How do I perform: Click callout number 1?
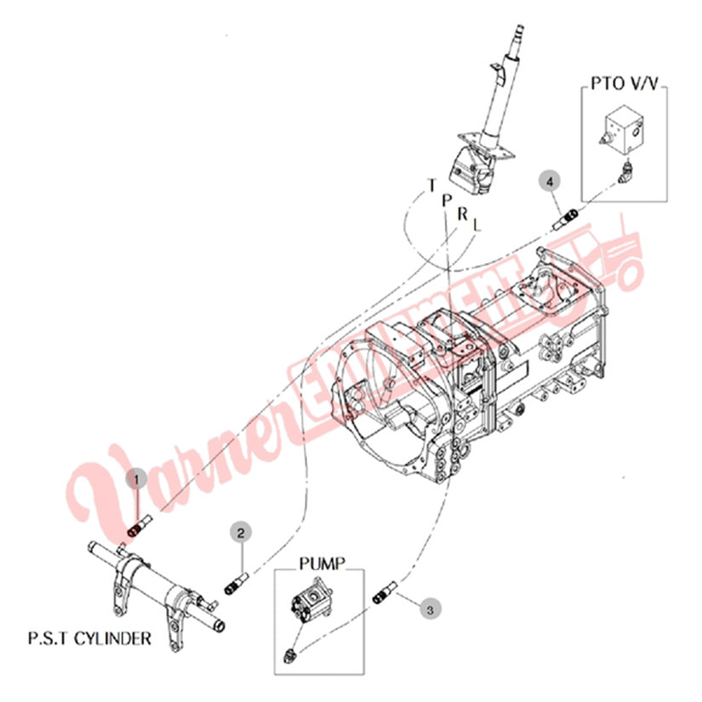tap(136, 480)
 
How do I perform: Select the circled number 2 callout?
tap(241, 533)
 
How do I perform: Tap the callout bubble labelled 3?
tap(430, 610)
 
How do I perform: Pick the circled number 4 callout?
tap(550, 181)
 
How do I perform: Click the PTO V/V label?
tap(624, 83)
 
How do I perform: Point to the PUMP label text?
tap(322, 563)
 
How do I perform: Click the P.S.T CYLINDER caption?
tap(89, 638)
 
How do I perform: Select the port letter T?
tap(431, 185)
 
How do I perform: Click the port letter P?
tap(447, 200)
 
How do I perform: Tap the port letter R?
tap(462, 214)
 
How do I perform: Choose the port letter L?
tap(477, 225)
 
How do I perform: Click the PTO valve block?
tap(621, 126)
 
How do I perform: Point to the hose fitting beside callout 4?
tap(566, 220)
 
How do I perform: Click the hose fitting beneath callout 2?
tap(236, 584)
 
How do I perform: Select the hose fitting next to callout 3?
tap(385, 592)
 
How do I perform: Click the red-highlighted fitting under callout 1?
tap(134, 532)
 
